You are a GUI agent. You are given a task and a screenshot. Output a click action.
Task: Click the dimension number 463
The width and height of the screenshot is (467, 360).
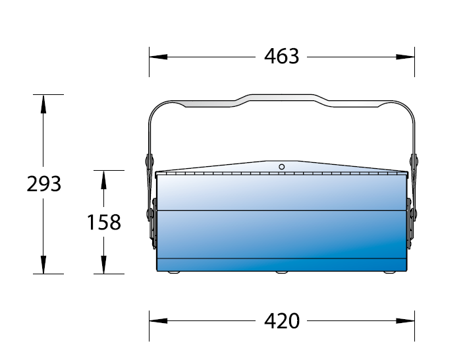pyautogui.click(x=281, y=56)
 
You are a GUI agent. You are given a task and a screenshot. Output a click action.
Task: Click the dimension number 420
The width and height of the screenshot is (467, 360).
pyautogui.click(x=282, y=321)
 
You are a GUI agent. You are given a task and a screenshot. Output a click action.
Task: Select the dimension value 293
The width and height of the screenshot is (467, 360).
pyautogui.click(x=43, y=183)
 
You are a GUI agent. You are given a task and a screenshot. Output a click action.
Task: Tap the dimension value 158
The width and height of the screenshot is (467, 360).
pyautogui.click(x=103, y=222)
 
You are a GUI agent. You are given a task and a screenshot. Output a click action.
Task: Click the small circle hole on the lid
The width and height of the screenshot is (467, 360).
pyautogui.click(x=281, y=167)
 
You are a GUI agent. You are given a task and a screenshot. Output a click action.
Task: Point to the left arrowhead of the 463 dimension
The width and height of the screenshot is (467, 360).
pyautogui.click(x=159, y=57)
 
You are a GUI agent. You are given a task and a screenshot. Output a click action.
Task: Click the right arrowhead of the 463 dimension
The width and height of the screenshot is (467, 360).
pyautogui.click(x=405, y=57)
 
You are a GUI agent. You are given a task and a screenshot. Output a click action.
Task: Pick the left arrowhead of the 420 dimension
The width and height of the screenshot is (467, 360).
pyautogui.click(x=159, y=321)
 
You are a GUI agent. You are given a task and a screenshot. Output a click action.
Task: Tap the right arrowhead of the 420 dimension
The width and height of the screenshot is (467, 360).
pyautogui.click(x=405, y=321)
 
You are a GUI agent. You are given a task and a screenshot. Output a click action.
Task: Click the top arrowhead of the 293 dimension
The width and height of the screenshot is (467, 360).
pyautogui.click(x=43, y=104)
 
